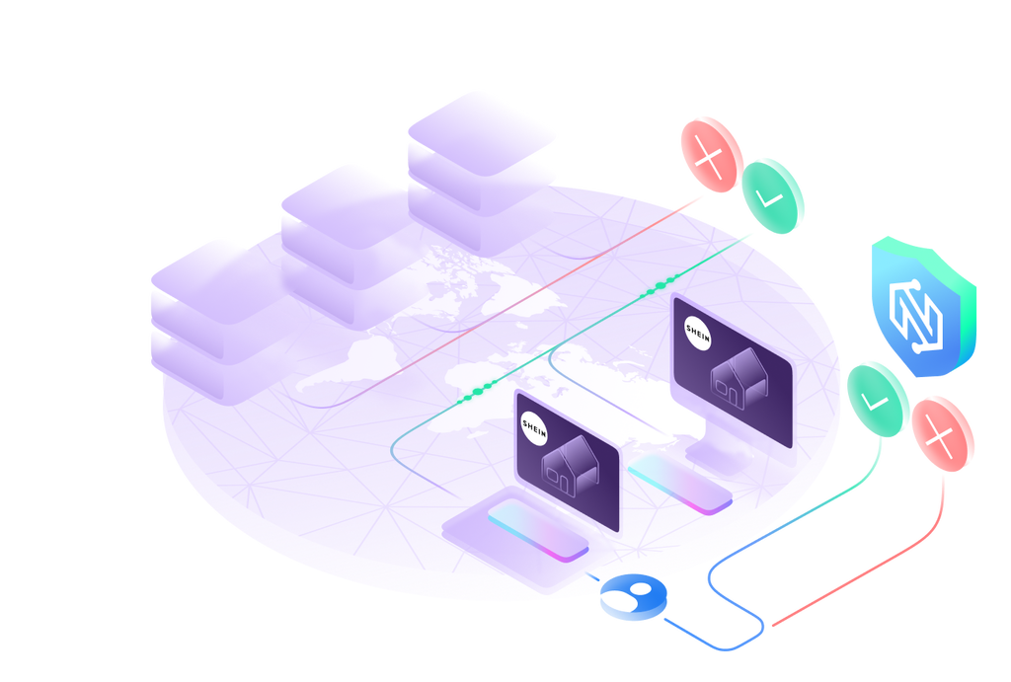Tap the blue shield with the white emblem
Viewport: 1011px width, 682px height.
click(923, 307)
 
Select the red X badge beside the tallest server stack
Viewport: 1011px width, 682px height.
click(711, 153)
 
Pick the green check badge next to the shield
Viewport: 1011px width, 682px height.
click(877, 399)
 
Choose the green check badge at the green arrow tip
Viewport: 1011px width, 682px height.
click(773, 195)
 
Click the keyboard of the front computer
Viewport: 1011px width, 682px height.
click(538, 528)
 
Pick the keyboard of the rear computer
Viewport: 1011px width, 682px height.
click(680, 481)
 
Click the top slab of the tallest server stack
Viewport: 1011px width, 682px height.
click(482, 122)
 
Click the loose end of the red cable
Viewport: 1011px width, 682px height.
click(772, 625)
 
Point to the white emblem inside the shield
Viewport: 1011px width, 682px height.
click(920, 309)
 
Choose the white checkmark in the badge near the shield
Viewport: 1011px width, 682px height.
click(875, 401)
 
